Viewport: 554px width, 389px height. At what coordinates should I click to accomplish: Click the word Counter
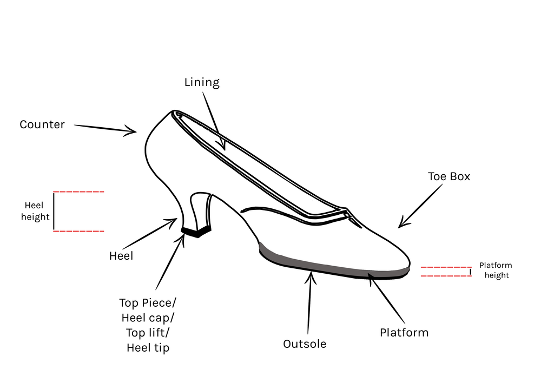pyautogui.click(x=42, y=125)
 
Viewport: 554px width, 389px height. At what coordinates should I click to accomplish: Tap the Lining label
pyautogui.click(x=202, y=83)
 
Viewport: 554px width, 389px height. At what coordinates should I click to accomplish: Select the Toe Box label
pyautogui.click(x=449, y=177)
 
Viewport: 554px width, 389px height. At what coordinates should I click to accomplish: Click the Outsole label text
pyautogui.click(x=305, y=344)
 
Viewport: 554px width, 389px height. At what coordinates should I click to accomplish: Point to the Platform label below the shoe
pyautogui.click(x=404, y=333)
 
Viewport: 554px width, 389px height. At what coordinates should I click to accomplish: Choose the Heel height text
pyautogui.click(x=35, y=212)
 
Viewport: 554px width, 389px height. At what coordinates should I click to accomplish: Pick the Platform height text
pyautogui.click(x=496, y=271)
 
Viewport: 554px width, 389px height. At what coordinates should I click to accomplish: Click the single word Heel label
pyautogui.click(x=121, y=256)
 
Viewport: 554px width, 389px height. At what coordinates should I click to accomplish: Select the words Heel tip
pyautogui.click(x=148, y=348)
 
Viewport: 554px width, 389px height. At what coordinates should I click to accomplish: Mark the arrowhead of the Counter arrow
pyautogui.click(x=133, y=130)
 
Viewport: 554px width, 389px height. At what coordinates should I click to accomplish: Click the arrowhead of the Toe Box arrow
pyautogui.click(x=401, y=225)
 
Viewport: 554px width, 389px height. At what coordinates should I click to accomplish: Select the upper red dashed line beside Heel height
pyautogui.click(x=78, y=192)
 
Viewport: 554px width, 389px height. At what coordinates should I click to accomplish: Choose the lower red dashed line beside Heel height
pyautogui.click(x=78, y=232)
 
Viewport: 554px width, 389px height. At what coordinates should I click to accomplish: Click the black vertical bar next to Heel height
pyautogui.click(x=54, y=212)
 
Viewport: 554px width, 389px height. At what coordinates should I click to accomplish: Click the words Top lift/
pyautogui.click(x=148, y=333)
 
